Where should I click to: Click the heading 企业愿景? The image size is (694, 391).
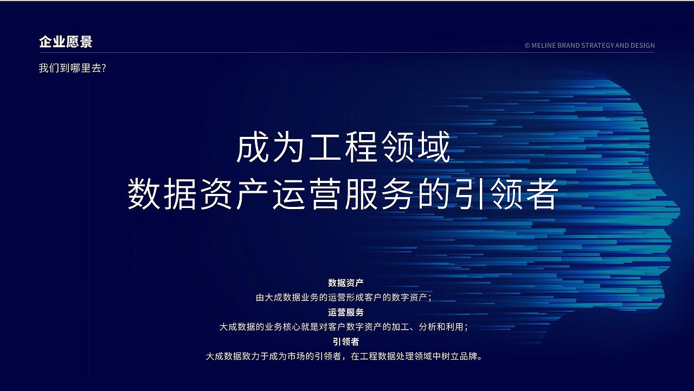click(66, 42)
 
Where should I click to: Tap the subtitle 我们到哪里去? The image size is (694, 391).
click(72, 69)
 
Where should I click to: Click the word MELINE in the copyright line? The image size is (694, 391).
click(548, 46)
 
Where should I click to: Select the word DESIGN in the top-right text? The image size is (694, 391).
click(642, 46)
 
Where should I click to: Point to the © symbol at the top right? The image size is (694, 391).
click(528, 46)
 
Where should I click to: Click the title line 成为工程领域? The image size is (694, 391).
click(344, 148)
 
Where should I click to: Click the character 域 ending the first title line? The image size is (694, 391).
click(433, 148)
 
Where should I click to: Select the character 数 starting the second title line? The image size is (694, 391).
click(144, 195)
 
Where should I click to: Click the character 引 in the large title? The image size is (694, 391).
click(469, 195)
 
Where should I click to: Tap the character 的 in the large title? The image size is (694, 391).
click(433, 195)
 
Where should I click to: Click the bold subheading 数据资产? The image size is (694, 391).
click(346, 283)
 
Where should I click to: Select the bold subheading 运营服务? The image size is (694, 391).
click(346, 312)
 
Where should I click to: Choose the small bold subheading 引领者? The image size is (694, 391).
click(346, 342)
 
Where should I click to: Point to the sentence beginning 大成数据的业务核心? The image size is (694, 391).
click(344, 327)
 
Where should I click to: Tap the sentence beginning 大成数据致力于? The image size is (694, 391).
click(344, 357)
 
